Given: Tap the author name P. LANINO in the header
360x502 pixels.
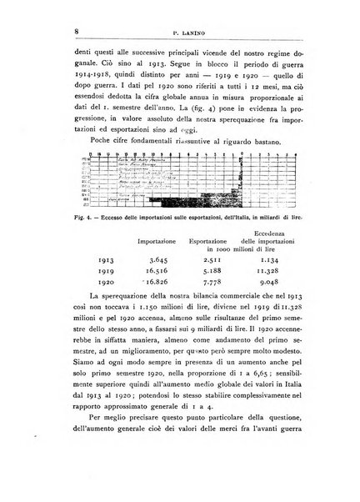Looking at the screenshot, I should [186, 31].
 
